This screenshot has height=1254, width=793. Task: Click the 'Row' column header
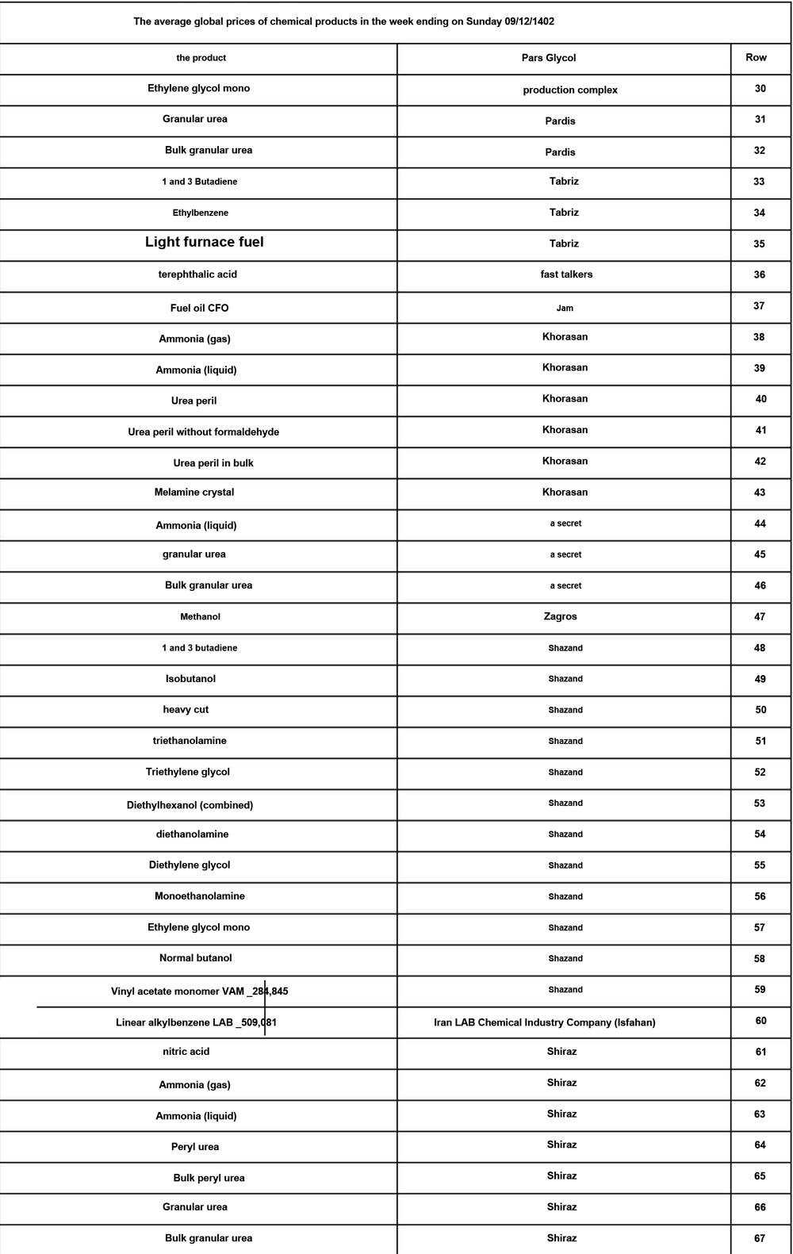756,57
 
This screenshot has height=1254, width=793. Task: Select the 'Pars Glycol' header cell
549,58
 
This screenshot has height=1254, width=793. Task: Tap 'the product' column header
201,58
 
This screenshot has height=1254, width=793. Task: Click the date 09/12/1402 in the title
529,21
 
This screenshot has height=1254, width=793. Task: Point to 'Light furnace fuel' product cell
204,242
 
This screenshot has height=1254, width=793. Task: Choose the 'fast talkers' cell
566,274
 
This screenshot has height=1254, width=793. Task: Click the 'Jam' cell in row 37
565,308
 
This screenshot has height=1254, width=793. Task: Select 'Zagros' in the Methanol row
560,616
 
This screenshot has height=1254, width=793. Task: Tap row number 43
759,493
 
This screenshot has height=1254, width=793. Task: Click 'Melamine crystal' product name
194,492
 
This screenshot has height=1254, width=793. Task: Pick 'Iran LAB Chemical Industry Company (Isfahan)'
544,1022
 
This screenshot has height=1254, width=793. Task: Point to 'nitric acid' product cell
186,1051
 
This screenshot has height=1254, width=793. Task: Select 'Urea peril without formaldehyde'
203,432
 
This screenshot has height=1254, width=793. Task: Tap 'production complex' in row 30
570,90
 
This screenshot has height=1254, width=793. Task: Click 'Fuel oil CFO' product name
199,308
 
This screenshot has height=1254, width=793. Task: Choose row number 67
759,1238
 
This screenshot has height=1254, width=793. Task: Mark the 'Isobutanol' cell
190,679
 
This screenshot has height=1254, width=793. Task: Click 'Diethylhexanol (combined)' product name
190,805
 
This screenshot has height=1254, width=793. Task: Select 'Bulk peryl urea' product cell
209,1178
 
